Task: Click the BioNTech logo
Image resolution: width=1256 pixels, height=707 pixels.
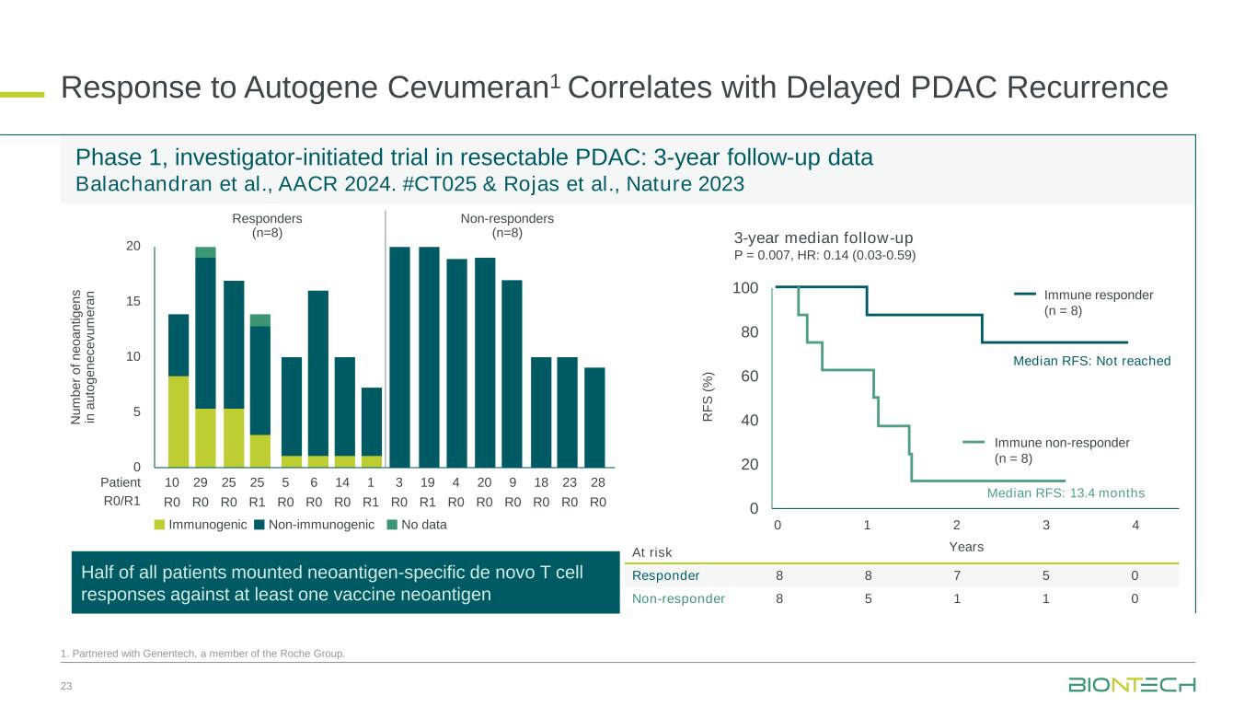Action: pyautogui.click(x=1131, y=685)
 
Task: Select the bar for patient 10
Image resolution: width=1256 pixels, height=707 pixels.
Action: pyautogui.click(x=178, y=391)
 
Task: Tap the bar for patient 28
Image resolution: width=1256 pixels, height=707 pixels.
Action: pyautogui.click(x=594, y=418)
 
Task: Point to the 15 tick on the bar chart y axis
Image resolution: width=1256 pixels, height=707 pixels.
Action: pyautogui.click(x=133, y=301)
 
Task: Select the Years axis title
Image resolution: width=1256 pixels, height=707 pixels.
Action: pyautogui.click(x=965, y=547)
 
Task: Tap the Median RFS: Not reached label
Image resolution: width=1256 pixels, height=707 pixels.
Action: pyautogui.click(x=1091, y=361)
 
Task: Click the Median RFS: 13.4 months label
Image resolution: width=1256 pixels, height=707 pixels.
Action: pyautogui.click(x=1066, y=493)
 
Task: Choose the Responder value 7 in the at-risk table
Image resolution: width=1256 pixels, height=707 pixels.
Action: pyautogui.click(x=957, y=575)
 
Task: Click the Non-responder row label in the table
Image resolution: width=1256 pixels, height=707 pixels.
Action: pyautogui.click(x=678, y=598)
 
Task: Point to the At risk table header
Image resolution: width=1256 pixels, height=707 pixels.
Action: pyautogui.click(x=652, y=551)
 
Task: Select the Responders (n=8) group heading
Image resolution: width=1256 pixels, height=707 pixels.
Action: pyautogui.click(x=268, y=226)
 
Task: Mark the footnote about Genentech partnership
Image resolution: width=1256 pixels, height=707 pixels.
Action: pyautogui.click(x=202, y=654)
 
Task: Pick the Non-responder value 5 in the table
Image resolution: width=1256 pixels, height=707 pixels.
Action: pyautogui.click(x=868, y=598)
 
